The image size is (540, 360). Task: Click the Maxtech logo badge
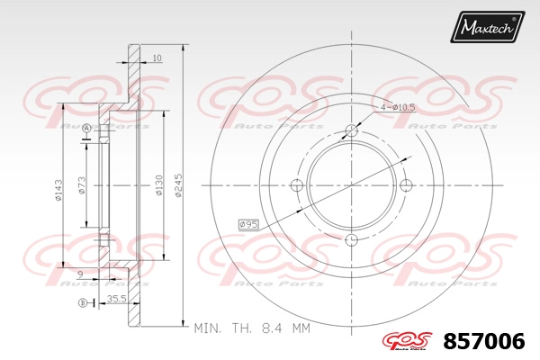487,27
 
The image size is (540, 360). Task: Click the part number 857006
484,342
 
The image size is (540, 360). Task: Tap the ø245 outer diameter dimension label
178,185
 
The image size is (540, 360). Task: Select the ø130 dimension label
159,185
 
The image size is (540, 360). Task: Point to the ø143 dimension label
58,190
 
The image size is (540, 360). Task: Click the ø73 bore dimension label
82,185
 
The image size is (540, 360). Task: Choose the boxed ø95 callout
248,225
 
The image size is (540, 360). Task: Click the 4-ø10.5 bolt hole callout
398,107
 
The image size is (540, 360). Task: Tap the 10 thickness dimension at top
157,58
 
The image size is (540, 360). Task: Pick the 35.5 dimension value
116,299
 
